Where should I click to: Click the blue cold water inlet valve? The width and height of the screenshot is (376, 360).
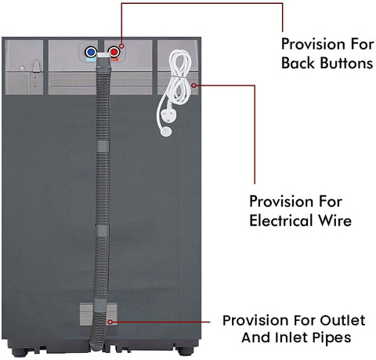(x=91, y=52)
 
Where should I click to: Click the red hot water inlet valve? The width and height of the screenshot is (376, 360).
(x=114, y=52)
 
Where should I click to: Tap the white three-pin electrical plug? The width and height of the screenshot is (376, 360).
(x=167, y=115)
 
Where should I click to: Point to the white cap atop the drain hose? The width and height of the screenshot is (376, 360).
(x=104, y=56)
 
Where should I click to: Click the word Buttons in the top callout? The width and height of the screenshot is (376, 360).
(x=346, y=64)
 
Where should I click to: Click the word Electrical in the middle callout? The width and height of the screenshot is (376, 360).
(x=281, y=220)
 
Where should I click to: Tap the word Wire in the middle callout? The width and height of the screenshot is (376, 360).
(x=334, y=220)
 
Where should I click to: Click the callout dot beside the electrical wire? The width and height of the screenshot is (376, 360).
(x=193, y=85)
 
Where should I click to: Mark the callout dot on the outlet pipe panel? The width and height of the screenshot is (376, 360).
(x=110, y=322)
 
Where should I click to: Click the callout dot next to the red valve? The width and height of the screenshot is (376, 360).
(x=121, y=46)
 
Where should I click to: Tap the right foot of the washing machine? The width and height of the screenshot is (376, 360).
(x=184, y=351)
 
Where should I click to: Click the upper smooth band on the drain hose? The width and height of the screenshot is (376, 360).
(x=103, y=146)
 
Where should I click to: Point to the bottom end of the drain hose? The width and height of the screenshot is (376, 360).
(x=96, y=348)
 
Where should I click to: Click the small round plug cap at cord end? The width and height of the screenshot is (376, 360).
(x=166, y=132)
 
